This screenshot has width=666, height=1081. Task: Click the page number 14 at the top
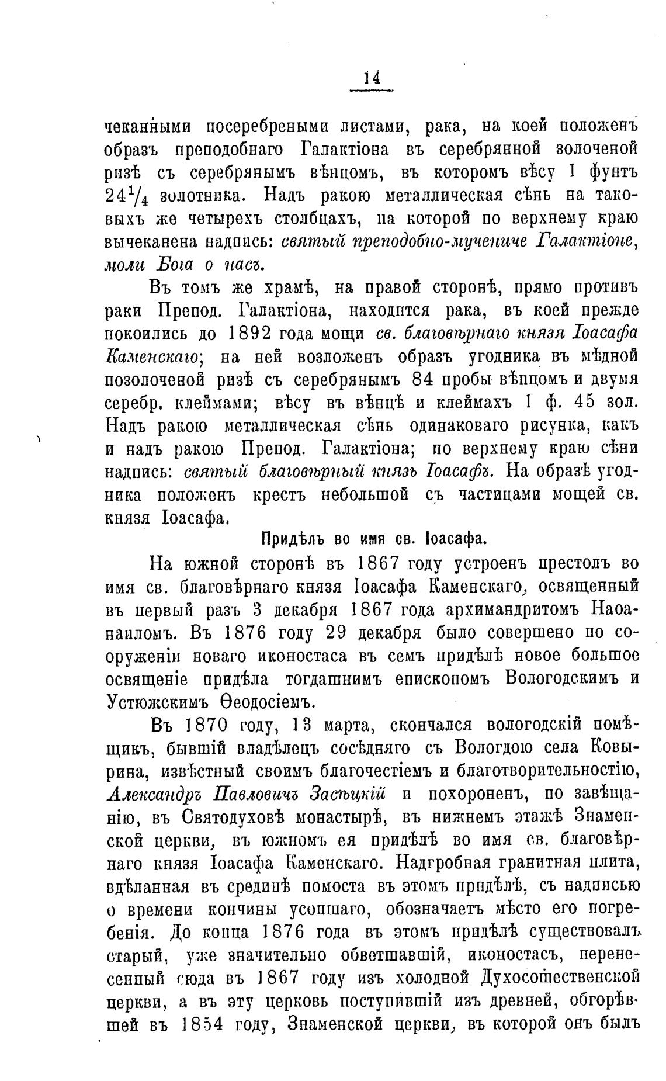[372, 78]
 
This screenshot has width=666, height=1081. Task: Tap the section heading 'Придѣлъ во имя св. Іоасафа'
[373, 538]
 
